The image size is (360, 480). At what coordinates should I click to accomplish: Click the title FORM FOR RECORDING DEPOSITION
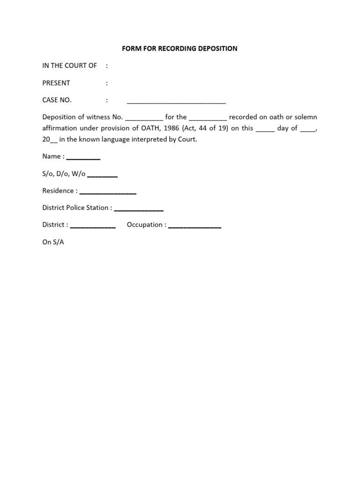click(x=180, y=48)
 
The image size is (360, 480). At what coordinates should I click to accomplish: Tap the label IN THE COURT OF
click(x=69, y=66)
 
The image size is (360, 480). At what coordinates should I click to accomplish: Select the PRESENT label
click(x=56, y=83)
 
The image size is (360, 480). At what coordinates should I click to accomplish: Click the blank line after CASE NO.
click(x=176, y=101)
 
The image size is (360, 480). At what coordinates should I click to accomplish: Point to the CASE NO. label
click(x=57, y=100)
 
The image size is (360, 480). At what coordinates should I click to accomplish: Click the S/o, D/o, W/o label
click(x=64, y=173)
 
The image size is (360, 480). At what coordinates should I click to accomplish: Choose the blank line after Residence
click(x=108, y=192)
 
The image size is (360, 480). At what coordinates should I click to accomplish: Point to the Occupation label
click(x=146, y=225)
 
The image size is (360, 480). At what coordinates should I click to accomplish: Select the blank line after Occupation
click(x=195, y=226)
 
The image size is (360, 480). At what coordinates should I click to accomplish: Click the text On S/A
click(x=53, y=242)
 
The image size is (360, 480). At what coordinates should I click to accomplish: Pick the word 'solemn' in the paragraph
click(x=307, y=117)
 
